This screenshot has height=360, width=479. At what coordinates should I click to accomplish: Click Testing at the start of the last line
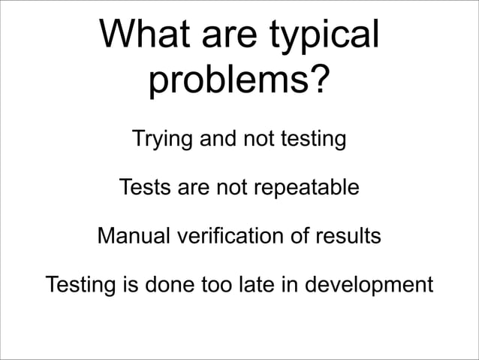click(78, 287)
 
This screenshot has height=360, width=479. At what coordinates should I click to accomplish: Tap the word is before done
click(125, 286)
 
